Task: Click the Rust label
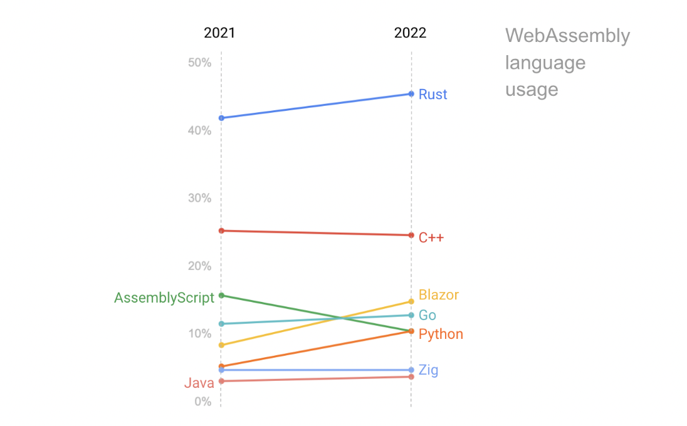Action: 433,95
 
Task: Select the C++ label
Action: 431,237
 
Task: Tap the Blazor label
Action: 439,295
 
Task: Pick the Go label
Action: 427,315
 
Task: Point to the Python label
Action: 441,334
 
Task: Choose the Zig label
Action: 429,370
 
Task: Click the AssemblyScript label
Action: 164,298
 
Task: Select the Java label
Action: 199,383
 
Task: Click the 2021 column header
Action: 219,33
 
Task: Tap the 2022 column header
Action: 410,33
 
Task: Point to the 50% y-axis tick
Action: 199,63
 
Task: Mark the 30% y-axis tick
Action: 199,198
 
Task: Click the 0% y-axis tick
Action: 202,402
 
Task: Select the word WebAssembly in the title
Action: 567,36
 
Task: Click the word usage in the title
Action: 532,90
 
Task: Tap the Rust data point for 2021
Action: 221,118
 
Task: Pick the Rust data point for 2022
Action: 411,94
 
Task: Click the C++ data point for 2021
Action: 221,231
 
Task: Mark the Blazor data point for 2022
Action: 411,301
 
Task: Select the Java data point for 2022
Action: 411,377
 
